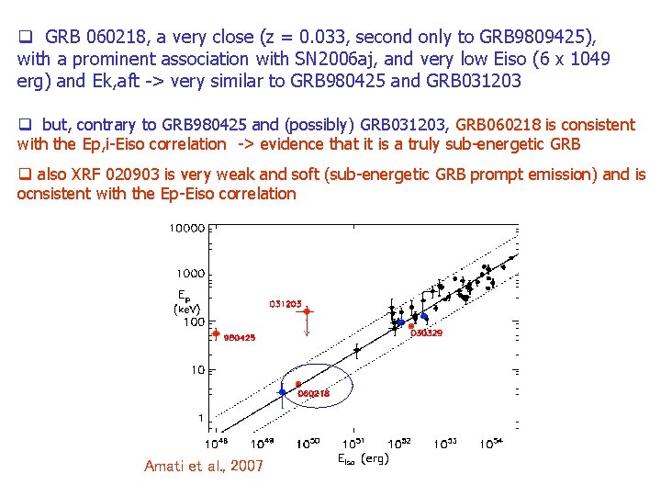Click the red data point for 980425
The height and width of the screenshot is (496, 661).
(216, 333)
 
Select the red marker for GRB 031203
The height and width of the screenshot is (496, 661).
(308, 311)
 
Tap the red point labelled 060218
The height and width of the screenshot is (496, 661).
(298, 384)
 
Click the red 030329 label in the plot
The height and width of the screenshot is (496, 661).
(426, 333)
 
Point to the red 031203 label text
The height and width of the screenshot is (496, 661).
(286, 303)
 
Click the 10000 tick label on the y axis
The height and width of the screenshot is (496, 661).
(186, 227)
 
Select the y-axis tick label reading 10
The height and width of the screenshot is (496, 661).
(196, 370)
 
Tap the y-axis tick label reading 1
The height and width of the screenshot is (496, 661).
(201, 418)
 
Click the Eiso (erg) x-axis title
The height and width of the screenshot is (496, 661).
(363, 458)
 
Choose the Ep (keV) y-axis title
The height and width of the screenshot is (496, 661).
(187, 302)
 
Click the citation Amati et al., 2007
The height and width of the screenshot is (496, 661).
(204, 466)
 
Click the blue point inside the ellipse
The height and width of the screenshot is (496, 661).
(283, 392)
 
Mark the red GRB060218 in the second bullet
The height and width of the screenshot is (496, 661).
(512, 124)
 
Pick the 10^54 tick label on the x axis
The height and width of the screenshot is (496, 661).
(490, 444)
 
